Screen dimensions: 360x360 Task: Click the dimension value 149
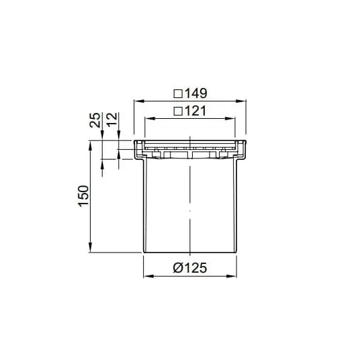[x=196, y=93]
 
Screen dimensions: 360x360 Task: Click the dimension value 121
[x=195, y=111]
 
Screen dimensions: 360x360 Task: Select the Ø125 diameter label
[x=190, y=268]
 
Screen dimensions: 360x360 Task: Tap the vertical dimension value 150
[x=83, y=196]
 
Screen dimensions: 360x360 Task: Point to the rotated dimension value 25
[x=95, y=120]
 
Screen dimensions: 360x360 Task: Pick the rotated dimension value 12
[x=112, y=120]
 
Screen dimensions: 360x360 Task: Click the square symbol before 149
[x=178, y=93]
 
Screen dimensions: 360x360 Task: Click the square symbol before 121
[x=178, y=111]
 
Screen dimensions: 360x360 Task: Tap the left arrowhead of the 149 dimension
[x=139, y=101]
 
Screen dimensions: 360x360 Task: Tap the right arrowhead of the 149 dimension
[x=241, y=101]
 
